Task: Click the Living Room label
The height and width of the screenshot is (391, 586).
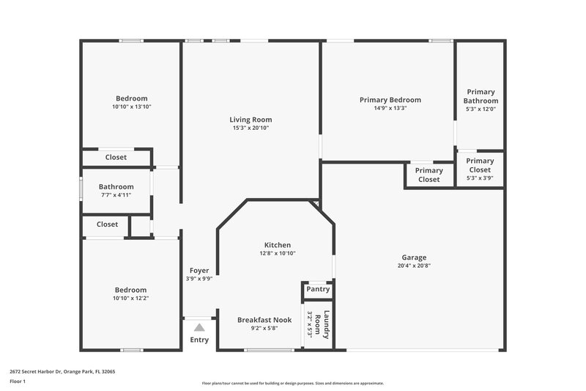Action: pos(251,120)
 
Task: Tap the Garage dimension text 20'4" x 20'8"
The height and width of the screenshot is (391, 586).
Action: pos(414,266)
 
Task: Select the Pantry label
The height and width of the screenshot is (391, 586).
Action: pos(318,290)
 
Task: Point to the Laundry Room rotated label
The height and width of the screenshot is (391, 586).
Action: pos(322,324)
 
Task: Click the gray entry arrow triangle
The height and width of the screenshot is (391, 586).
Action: pos(199,328)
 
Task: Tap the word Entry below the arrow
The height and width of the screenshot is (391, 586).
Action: pos(199,340)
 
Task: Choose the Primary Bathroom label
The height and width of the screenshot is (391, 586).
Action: pos(481,96)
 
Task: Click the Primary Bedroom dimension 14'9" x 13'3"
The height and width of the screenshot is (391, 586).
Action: pos(390,108)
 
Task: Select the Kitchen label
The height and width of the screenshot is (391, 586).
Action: pos(278,245)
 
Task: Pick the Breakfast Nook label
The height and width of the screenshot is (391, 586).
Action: pos(264,320)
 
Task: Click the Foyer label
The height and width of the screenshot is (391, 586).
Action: pos(199,271)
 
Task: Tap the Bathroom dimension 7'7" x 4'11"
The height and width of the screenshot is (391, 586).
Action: pos(116,195)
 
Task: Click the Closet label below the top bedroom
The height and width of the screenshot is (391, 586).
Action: pos(116,157)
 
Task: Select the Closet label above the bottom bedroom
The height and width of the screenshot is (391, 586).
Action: pos(107,224)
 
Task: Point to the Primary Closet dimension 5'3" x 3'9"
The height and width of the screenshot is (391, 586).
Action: pos(480,178)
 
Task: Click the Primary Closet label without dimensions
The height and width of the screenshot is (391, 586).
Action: pos(429,175)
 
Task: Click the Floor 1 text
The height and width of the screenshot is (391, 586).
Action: pos(18,381)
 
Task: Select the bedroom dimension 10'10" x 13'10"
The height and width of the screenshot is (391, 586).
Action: pos(131,107)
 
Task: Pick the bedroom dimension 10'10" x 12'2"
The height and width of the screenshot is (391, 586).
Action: pos(131,298)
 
